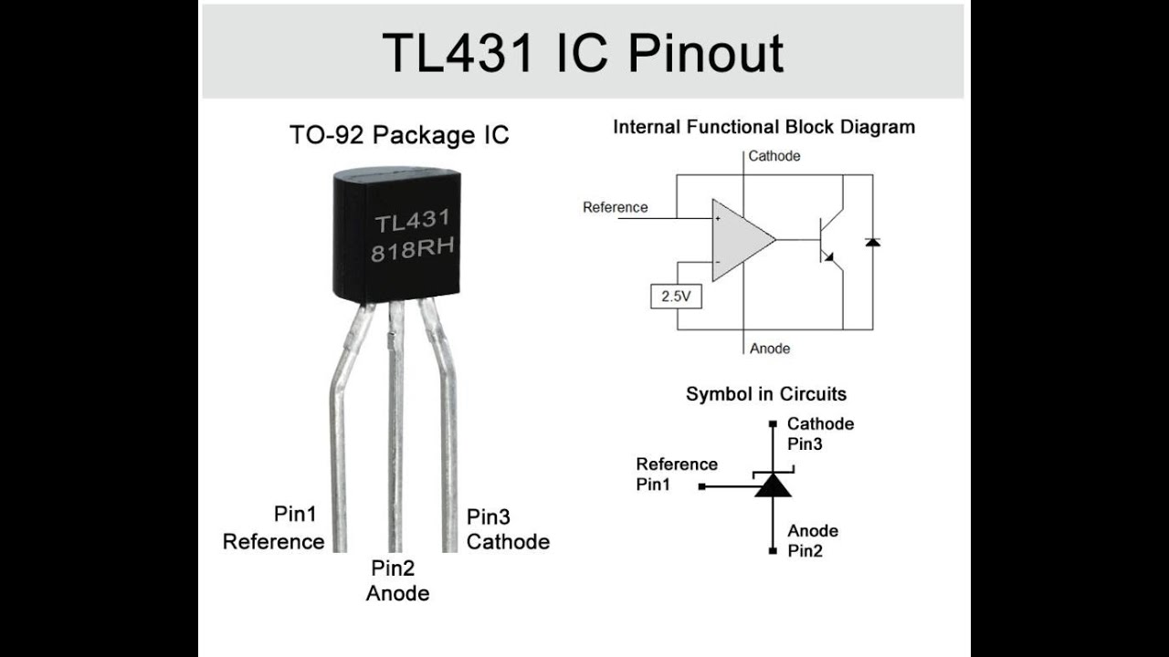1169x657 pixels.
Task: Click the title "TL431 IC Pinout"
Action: pos(583,53)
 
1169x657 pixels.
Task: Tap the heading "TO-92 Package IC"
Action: pos(399,136)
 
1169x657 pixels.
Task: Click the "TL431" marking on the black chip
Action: pos(412,222)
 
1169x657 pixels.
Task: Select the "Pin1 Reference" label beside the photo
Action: pos(274,527)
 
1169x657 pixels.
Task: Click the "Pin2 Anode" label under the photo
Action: pos(397,581)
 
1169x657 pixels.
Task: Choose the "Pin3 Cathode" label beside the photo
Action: pos(508,529)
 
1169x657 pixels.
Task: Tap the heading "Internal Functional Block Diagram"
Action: pos(764,127)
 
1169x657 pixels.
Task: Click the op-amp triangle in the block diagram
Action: pos(741,240)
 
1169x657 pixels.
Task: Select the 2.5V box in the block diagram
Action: pos(676,297)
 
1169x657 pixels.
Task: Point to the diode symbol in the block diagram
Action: pos(872,243)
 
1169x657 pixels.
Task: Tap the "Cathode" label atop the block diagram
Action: pos(774,156)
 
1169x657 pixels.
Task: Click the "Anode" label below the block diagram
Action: pos(770,349)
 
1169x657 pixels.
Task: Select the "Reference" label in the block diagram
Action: pos(616,207)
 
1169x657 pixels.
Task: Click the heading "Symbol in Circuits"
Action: pos(766,394)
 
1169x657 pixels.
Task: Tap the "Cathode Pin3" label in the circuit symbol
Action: pos(820,434)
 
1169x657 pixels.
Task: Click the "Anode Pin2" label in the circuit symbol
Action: pos(813,541)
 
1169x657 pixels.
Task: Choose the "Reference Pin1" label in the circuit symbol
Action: pos(677,474)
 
